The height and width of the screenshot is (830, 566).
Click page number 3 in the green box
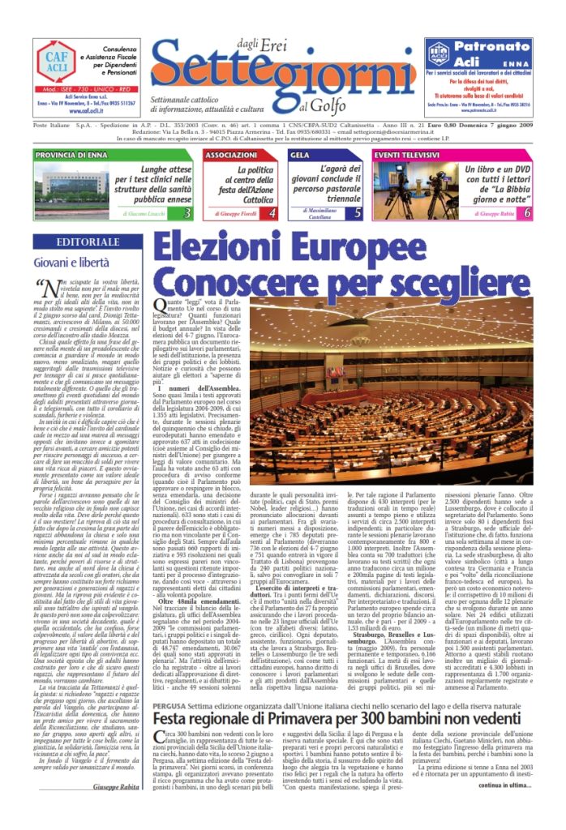187,212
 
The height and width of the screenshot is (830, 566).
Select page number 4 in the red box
272,212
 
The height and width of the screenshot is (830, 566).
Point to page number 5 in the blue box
358,212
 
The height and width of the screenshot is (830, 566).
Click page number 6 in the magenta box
527,212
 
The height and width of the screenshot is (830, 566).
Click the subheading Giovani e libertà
71,262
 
